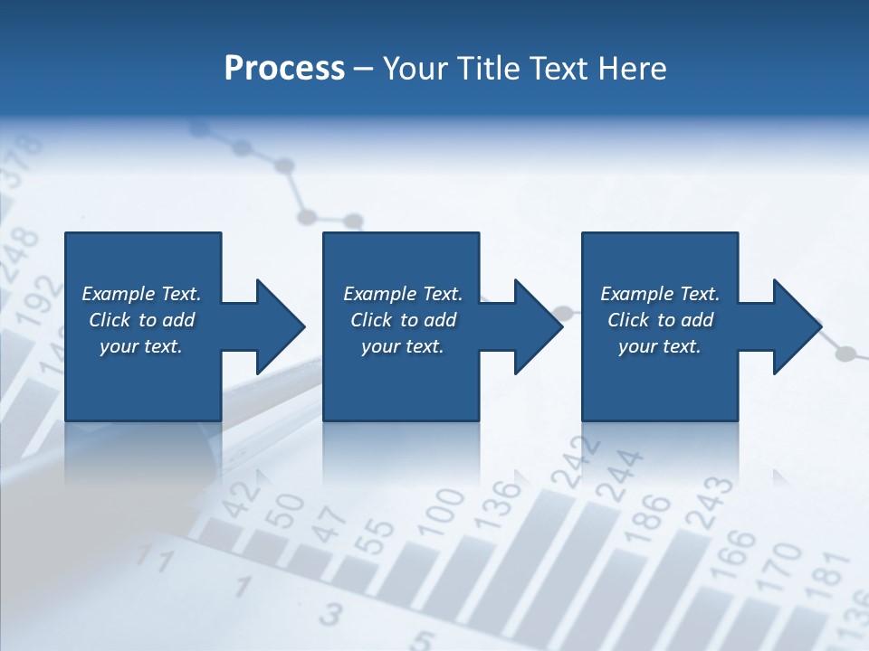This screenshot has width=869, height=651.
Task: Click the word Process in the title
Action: point(284,68)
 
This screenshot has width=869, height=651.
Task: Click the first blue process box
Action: point(142,325)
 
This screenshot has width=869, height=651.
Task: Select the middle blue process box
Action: point(401,325)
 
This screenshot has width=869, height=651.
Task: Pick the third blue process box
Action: point(659,325)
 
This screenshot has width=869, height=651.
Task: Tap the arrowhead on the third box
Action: point(796,326)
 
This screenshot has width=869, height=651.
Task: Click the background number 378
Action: point(20,160)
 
